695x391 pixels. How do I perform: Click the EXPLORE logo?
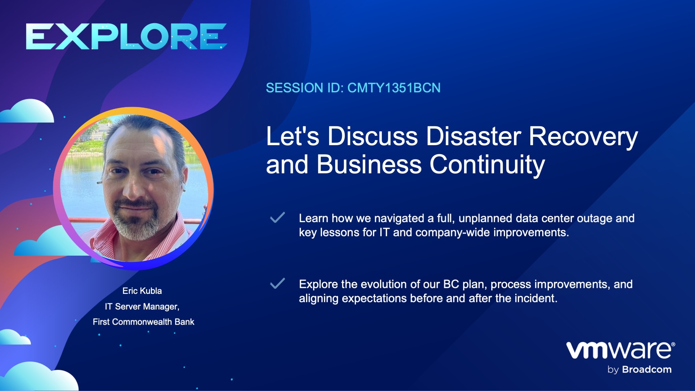[x=126, y=36]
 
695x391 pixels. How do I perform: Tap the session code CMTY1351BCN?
[x=394, y=88]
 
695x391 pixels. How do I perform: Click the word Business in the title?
[x=369, y=164]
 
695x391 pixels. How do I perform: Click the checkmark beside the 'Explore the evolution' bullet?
[x=277, y=283]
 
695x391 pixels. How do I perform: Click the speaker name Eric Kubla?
[x=142, y=291]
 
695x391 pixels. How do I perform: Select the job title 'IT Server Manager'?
[x=142, y=307]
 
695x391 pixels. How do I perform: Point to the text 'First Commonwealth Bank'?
[x=144, y=322]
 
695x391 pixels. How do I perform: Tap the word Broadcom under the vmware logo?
[x=647, y=370]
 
